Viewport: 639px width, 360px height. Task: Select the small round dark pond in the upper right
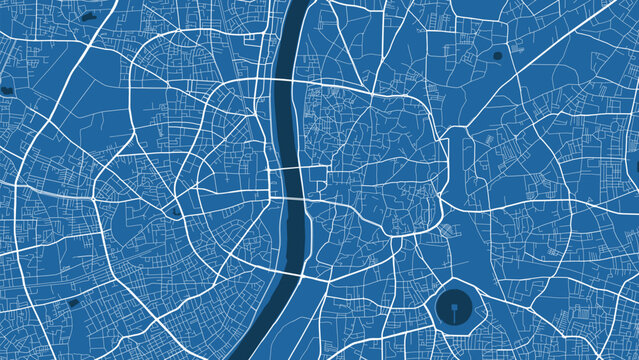(x=498, y=56)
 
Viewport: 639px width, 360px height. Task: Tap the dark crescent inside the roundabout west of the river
(x=176, y=211)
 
